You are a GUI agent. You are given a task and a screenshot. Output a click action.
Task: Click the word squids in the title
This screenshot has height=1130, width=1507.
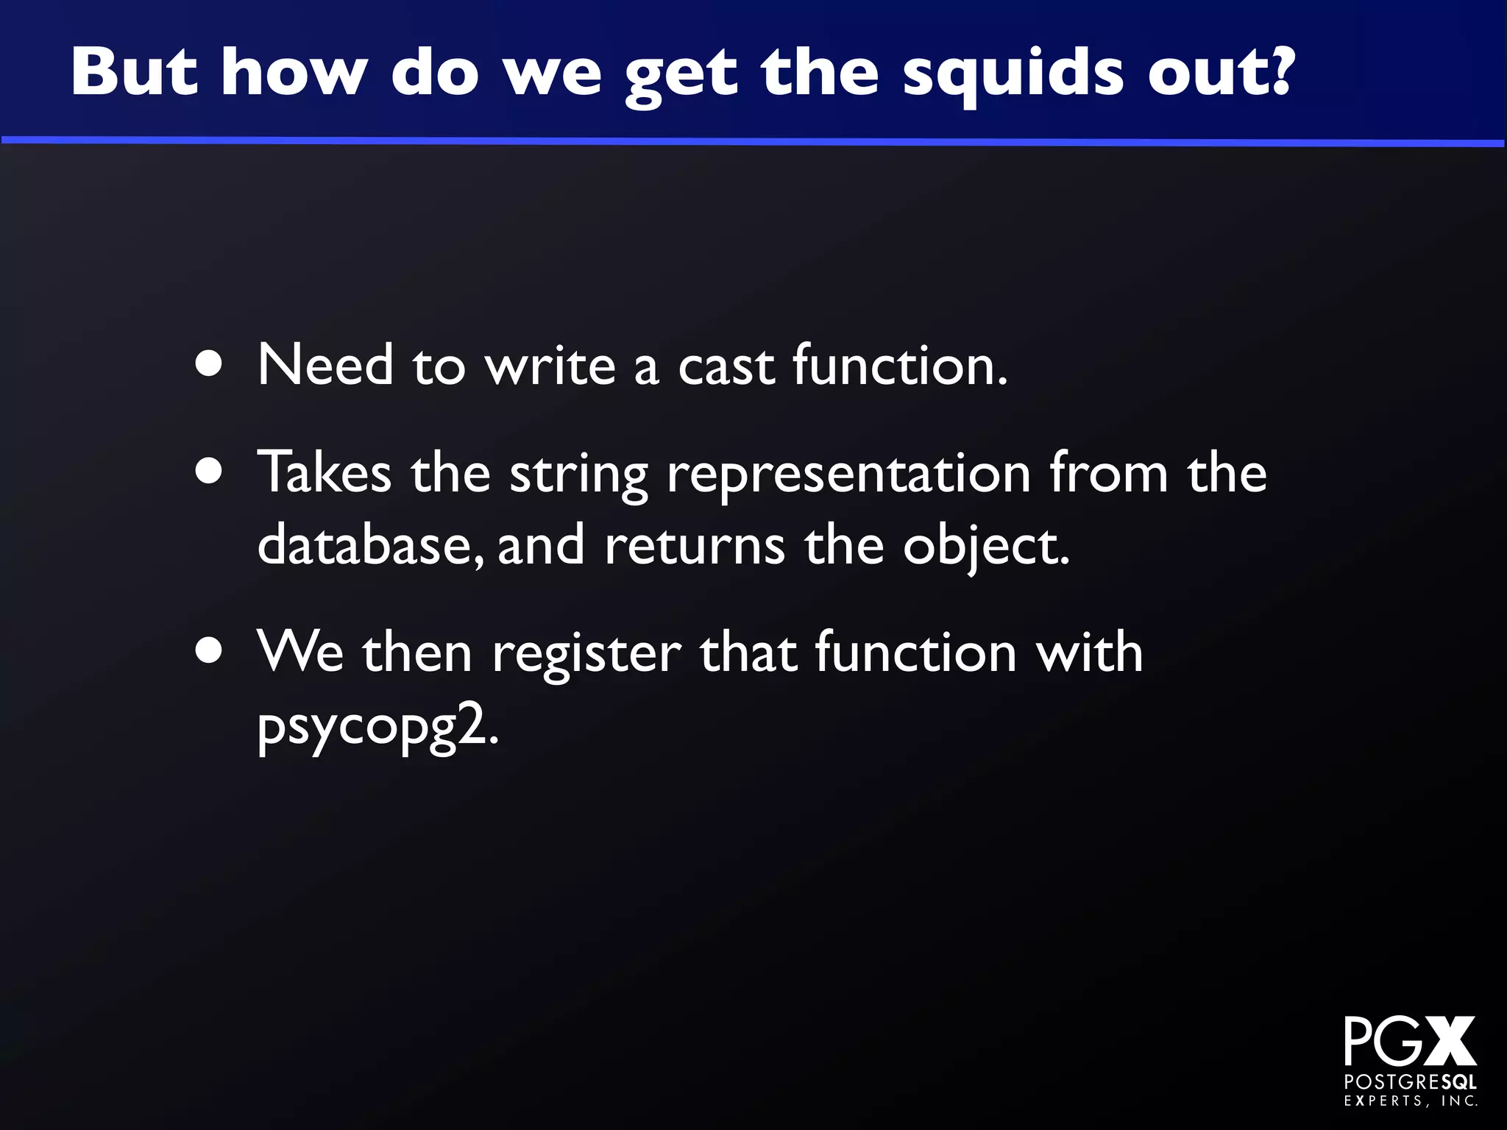(1013, 74)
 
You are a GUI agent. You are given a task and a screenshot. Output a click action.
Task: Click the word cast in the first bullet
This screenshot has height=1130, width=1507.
(726, 366)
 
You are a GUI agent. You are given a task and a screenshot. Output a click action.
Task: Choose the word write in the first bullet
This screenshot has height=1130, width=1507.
(550, 366)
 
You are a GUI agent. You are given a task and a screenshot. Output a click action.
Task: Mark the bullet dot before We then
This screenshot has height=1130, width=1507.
(210, 652)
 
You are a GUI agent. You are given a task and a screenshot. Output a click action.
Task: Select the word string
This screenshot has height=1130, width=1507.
(579, 475)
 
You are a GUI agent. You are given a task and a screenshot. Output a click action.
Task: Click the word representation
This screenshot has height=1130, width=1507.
(848, 475)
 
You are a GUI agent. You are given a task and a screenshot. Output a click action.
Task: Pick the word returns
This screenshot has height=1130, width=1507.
(695, 546)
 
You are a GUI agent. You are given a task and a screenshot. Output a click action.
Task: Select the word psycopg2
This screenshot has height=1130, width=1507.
(377, 728)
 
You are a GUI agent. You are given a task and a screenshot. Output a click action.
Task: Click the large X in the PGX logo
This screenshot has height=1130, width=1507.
(1449, 1041)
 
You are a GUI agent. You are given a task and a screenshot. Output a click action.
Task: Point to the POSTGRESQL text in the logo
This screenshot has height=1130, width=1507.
(1410, 1082)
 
